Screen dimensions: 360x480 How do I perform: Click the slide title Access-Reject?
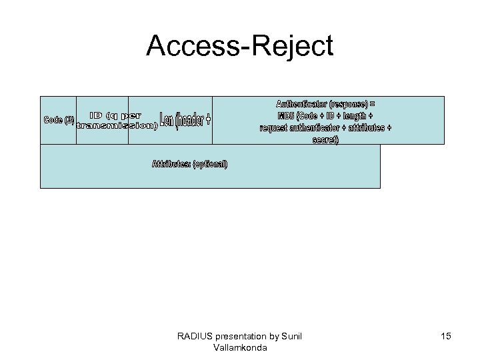click(x=239, y=47)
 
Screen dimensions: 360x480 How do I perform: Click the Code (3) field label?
click(x=59, y=120)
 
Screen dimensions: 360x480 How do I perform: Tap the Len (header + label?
click(x=186, y=120)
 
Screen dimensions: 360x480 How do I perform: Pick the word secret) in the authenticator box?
click(x=325, y=139)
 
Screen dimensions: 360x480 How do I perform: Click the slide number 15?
click(x=445, y=336)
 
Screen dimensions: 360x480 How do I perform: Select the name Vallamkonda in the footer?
click(x=240, y=347)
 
